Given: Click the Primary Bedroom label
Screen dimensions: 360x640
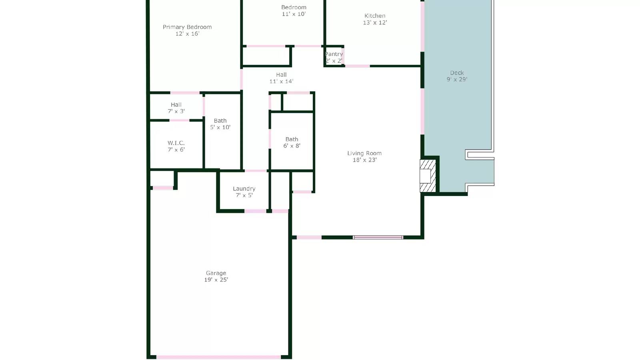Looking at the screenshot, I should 187,27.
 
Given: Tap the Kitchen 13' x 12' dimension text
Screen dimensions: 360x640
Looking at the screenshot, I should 375,23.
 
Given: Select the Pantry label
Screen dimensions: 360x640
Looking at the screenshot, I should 334,54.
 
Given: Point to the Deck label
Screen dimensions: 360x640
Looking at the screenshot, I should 457,73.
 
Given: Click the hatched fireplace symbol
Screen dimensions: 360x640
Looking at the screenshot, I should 428,176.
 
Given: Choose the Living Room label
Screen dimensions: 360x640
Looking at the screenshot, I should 364,153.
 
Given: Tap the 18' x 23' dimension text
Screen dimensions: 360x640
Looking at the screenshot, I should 364,160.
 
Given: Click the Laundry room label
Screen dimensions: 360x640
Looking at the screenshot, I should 244,189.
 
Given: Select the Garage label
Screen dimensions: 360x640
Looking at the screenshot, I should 216,273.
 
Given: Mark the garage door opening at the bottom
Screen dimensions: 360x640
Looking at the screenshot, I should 218,357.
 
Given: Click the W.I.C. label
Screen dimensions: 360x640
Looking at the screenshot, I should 176,143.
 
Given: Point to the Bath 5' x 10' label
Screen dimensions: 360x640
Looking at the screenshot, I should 220,121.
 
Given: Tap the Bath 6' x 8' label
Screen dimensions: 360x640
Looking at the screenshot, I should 292,139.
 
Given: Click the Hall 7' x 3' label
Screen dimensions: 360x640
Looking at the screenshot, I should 176,105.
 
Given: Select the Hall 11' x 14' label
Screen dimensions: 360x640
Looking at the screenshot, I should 281,75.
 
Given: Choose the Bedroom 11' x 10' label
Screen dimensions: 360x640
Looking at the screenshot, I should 294,7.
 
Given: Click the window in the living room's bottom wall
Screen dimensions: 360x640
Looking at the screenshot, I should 378,238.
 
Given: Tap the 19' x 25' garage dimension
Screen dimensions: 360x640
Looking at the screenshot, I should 216,280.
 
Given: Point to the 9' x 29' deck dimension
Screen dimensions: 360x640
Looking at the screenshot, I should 457,80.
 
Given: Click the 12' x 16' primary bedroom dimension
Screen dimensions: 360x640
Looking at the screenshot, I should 187,34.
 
